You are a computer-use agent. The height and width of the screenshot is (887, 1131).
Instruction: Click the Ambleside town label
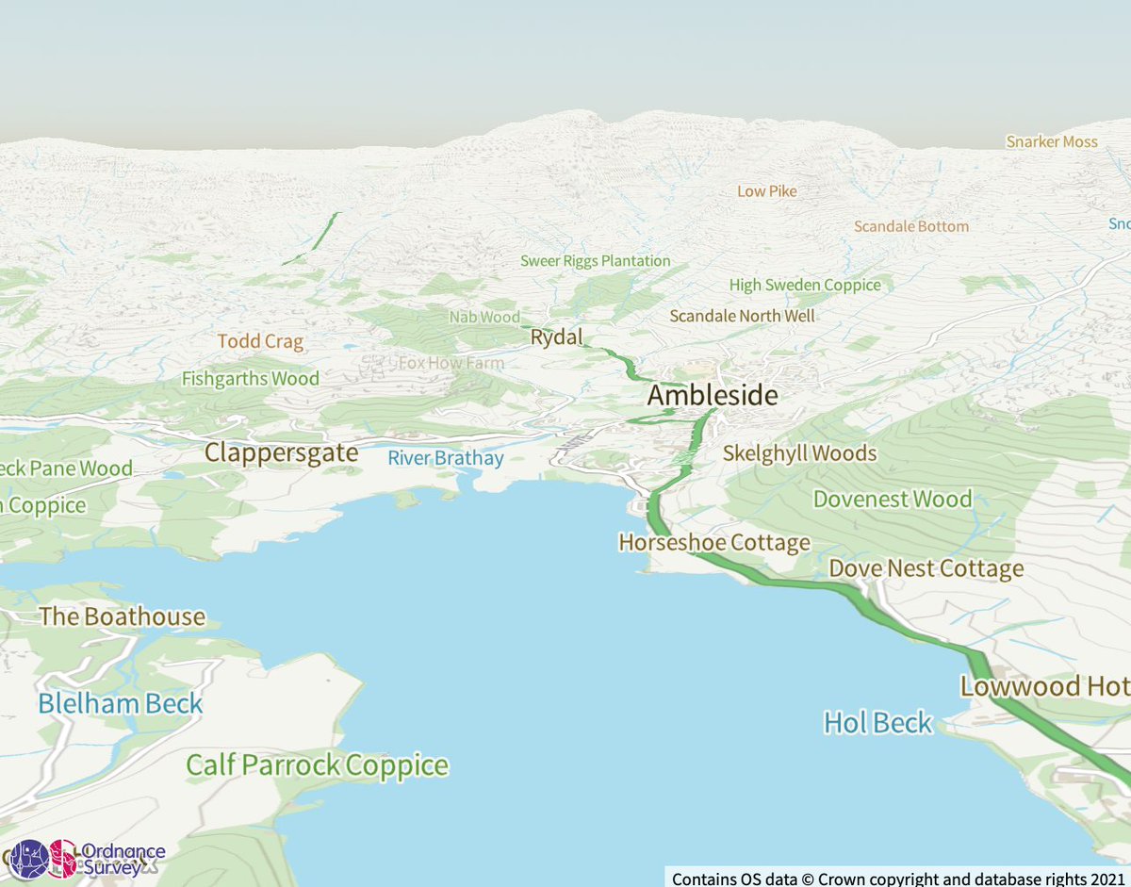(713, 395)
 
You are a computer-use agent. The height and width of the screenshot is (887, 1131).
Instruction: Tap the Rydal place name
(557, 337)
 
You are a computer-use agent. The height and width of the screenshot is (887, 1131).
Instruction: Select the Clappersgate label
(282, 452)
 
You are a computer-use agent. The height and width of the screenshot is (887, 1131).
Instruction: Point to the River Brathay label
(446, 459)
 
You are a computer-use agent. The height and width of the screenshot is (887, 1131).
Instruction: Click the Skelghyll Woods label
(799, 453)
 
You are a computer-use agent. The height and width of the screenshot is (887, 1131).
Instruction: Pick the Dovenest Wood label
(892, 499)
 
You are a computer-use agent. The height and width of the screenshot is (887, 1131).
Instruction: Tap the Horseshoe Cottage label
(714, 543)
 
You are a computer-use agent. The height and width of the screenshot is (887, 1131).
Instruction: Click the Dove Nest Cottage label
(926, 568)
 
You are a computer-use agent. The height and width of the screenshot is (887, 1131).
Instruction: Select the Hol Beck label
(877, 723)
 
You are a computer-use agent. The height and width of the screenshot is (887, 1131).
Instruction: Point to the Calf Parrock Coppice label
(317, 764)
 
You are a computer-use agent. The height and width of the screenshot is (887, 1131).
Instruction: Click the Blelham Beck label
(121, 703)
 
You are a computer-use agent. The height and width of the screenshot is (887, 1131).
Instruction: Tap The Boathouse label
(122, 617)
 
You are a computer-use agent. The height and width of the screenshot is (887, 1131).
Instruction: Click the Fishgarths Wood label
(251, 379)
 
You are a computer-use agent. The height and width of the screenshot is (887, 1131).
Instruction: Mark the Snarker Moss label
(1052, 141)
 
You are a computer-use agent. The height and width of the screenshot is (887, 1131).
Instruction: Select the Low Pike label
(766, 191)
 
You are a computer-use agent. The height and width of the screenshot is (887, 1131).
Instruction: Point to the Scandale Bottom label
(910, 226)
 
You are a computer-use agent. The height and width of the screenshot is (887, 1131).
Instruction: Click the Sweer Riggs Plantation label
(596, 261)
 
